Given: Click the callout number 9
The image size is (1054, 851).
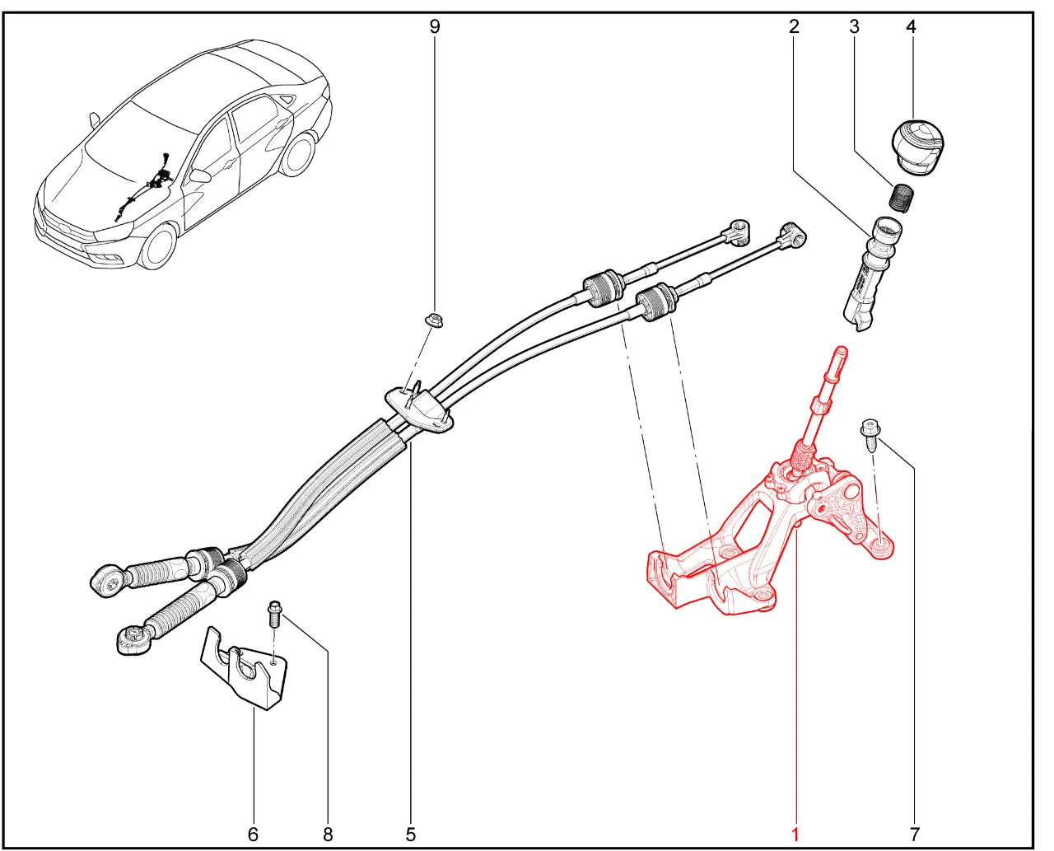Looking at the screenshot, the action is pyautogui.click(x=434, y=26).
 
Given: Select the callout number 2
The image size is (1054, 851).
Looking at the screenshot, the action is pyautogui.click(x=794, y=26).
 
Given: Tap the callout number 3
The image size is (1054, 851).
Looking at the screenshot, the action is pyautogui.click(x=854, y=26).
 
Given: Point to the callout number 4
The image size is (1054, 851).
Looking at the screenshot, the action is pyautogui.click(x=911, y=26).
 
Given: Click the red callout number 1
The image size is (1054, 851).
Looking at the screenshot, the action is pyautogui.click(x=795, y=835).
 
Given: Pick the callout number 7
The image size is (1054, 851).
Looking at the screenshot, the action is pyautogui.click(x=915, y=835).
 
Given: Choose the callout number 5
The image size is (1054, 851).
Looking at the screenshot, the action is pyautogui.click(x=411, y=835).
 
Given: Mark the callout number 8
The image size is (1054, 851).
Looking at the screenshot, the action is pyautogui.click(x=328, y=835).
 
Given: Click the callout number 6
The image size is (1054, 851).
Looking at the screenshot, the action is pyautogui.click(x=253, y=835).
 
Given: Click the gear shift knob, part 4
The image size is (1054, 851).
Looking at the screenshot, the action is pyautogui.click(x=918, y=147).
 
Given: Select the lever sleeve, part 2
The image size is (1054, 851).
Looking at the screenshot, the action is pyautogui.click(x=871, y=274).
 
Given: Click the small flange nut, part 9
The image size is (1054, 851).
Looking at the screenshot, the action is pyautogui.click(x=435, y=320).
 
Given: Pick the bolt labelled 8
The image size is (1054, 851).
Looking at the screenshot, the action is pyautogui.click(x=274, y=614).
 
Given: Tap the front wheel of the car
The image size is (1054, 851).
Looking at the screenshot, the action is pyautogui.click(x=157, y=247).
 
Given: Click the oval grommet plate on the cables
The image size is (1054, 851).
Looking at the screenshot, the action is pyautogui.click(x=418, y=409).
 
